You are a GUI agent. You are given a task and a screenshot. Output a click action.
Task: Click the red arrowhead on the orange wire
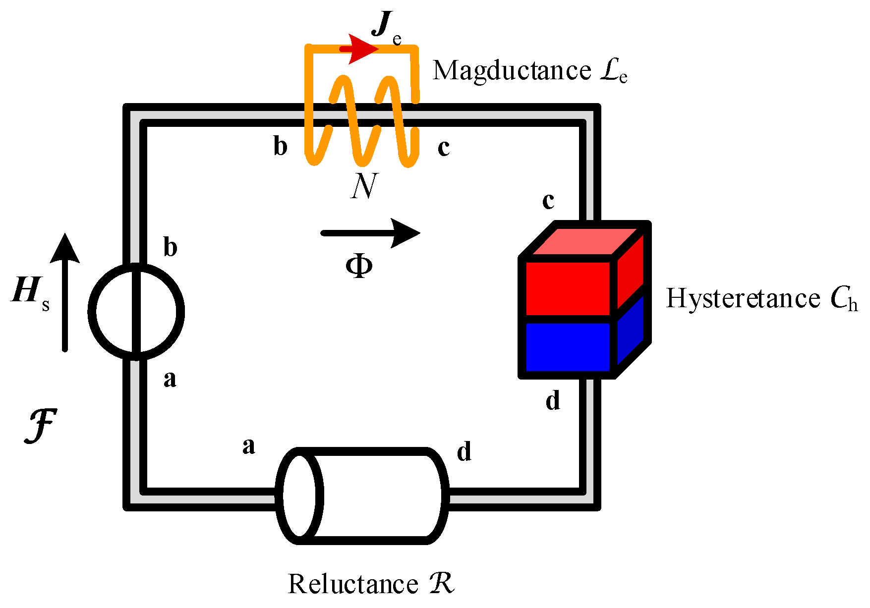pos(363,49)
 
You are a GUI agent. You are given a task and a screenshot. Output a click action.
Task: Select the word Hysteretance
pos(743,299)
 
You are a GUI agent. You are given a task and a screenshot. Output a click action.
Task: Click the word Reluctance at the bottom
pos(353,584)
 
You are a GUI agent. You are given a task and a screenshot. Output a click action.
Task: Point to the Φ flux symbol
pos(359,267)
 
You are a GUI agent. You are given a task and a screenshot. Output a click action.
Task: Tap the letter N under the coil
pos(364,186)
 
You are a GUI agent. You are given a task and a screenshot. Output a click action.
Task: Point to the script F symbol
pos(41,426)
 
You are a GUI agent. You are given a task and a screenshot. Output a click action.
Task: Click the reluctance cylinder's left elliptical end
pos(299,495)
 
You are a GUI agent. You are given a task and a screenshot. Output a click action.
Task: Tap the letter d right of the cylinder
pos(464,452)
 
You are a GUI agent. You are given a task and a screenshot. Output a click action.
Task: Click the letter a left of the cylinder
pos(249,446)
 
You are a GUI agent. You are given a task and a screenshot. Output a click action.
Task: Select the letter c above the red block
pos(548,200)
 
